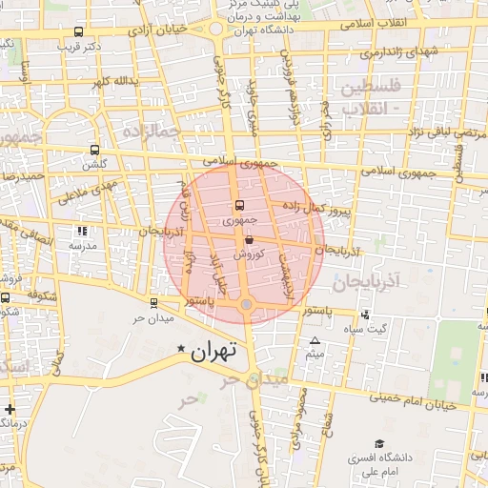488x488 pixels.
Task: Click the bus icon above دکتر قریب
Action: (x=77, y=30)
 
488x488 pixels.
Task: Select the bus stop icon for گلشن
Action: (x=93, y=150)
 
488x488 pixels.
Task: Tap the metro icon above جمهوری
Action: (x=239, y=206)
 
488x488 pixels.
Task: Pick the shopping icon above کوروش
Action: (x=249, y=241)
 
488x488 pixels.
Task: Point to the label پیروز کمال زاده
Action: (x=318, y=210)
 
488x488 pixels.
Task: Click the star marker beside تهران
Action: (x=182, y=351)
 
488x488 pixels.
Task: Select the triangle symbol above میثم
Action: (x=315, y=341)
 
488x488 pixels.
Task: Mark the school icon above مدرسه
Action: (x=81, y=232)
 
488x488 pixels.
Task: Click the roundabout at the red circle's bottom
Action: (x=246, y=304)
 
